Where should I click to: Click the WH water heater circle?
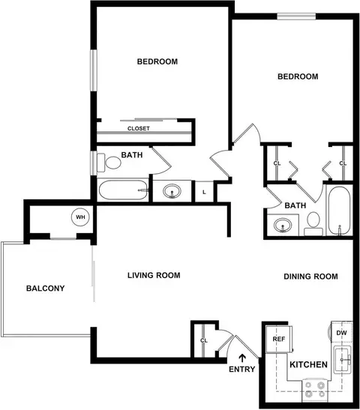pyautogui.click(x=80, y=217)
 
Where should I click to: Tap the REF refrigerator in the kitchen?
pyautogui.click(x=279, y=339)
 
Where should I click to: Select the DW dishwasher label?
pyautogui.click(x=341, y=333)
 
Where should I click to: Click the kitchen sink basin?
pyautogui.click(x=342, y=359)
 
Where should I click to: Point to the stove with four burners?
pyautogui.click(x=315, y=391)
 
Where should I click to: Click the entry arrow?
pyautogui.click(x=242, y=358)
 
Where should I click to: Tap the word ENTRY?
pyautogui.click(x=242, y=370)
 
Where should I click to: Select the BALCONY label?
pyautogui.click(x=45, y=288)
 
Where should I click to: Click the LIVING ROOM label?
pyautogui.click(x=154, y=275)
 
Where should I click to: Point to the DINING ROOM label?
pyautogui.click(x=310, y=277)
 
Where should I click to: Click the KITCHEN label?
pyautogui.click(x=308, y=364)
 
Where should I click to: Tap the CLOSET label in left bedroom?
pyautogui.click(x=139, y=128)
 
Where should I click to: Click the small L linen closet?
pyautogui.click(x=204, y=191)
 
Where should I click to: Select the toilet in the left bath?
pyautogui.click(x=109, y=163)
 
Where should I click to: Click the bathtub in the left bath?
pyautogui.click(x=123, y=190)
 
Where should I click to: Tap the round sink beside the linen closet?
pyautogui.click(x=172, y=191)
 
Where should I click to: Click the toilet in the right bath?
pyautogui.click(x=313, y=223)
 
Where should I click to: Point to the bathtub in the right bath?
pyautogui.click(x=339, y=211)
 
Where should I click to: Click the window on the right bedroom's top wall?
pyautogui.click(x=296, y=16)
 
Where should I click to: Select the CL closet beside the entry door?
pyautogui.click(x=203, y=340)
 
